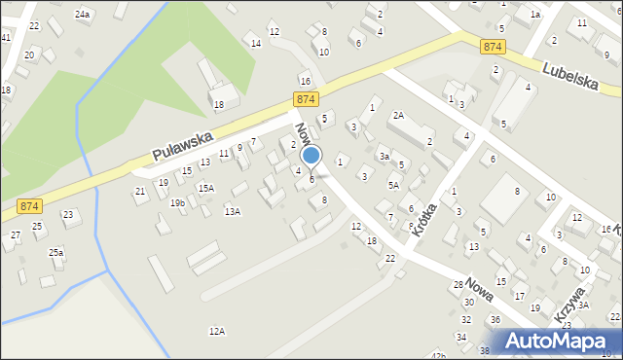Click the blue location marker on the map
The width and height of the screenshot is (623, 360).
click(x=311, y=156)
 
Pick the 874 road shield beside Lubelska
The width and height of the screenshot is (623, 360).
click(x=494, y=46)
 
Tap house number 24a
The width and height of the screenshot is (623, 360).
click(x=83, y=15)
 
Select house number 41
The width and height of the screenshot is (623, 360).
click(x=6, y=37)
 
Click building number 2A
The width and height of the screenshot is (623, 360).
click(x=398, y=115)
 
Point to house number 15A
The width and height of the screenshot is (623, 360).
click(x=205, y=189)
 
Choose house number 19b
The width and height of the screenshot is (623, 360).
click(x=177, y=202)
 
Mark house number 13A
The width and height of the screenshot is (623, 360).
click(x=233, y=211)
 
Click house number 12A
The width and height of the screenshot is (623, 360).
click(x=217, y=331)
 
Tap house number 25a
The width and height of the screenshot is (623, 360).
click(x=56, y=253)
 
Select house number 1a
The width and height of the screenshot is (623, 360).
click(x=535, y=15)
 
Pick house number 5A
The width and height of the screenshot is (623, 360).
click(x=393, y=185)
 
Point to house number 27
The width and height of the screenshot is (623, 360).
click(x=16, y=235)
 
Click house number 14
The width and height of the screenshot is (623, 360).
click(x=256, y=44)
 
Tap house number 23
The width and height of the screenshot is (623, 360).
click(x=67, y=214)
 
